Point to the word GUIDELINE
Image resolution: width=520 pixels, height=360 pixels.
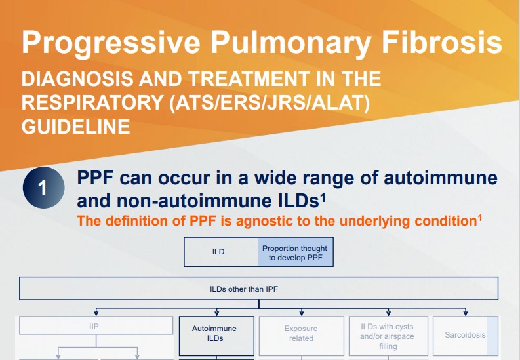[76, 126]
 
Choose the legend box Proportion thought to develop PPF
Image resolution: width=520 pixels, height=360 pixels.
[296, 252]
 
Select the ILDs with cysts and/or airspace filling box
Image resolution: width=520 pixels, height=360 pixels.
[388, 336]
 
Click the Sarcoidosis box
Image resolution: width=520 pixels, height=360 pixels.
[465, 335]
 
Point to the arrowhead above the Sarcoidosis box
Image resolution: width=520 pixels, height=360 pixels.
[466, 313]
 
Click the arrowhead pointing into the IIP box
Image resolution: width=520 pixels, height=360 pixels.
[97, 313]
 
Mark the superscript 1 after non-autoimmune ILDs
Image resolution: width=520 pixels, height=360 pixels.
[324, 195]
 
